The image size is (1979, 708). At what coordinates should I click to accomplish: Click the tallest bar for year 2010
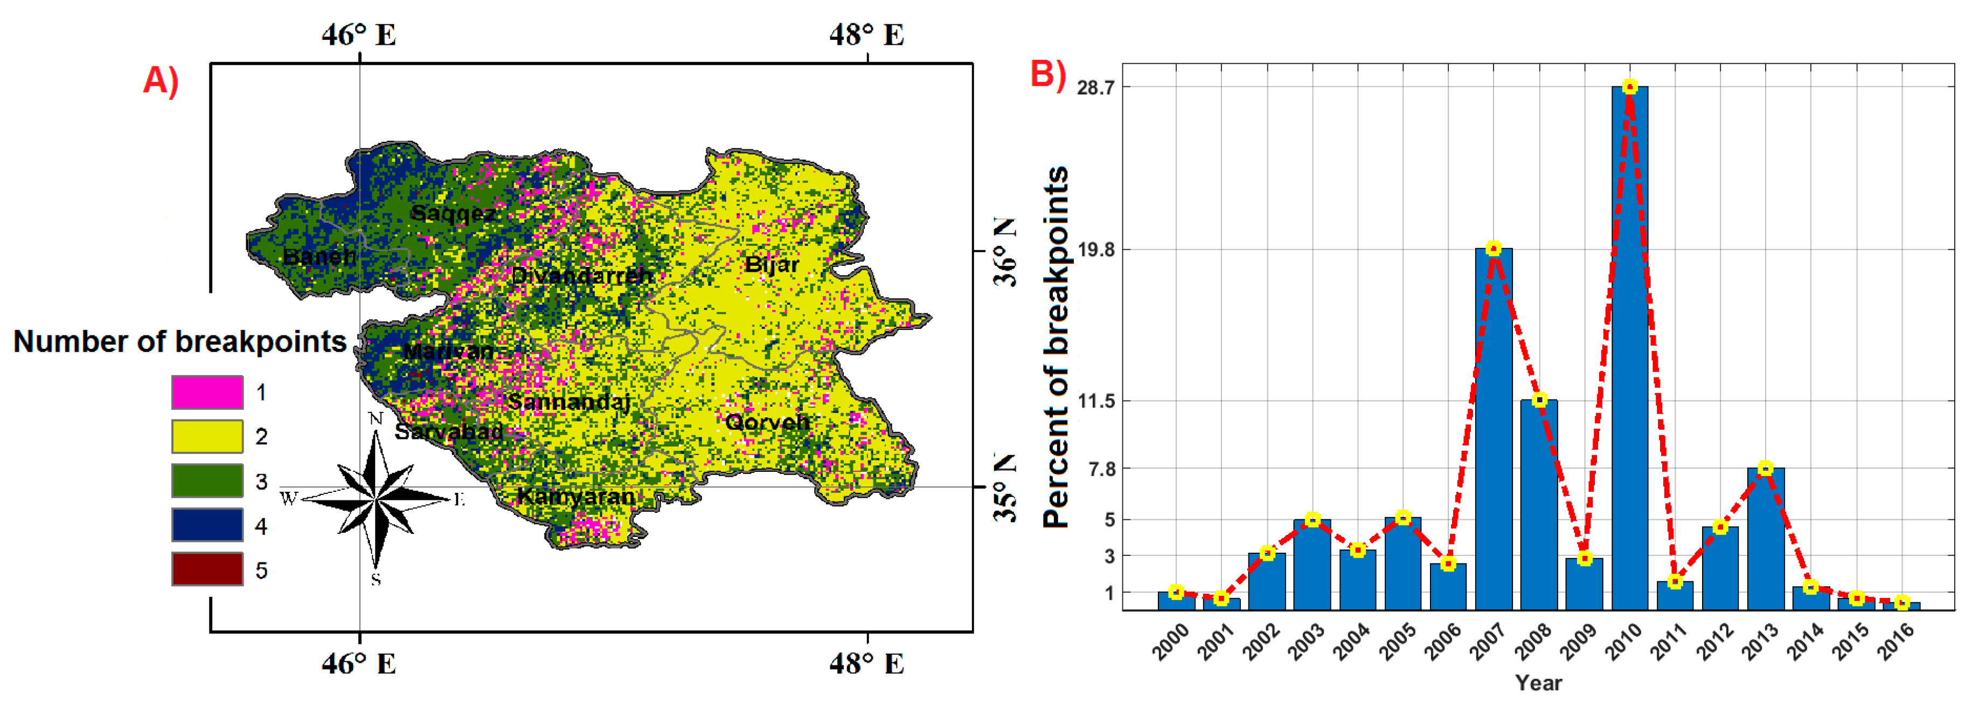click(x=1629, y=346)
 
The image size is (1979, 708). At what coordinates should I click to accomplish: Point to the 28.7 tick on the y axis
click(x=1095, y=87)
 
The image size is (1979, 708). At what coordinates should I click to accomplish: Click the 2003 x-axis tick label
click(x=1306, y=641)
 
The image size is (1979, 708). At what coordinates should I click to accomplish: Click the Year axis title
click(x=1538, y=683)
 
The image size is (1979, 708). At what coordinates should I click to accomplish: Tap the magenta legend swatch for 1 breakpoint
click(x=207, y=392)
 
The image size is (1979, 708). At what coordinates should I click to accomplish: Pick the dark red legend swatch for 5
click(x=207, y=569)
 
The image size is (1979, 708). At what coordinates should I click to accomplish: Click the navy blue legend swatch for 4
click(x=207, y=526)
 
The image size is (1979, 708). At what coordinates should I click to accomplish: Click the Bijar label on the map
click(x=772, y=264)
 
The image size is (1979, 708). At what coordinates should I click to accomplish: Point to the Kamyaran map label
click(x=575, y=497)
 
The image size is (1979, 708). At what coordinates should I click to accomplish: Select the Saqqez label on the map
click(x=453, y=213)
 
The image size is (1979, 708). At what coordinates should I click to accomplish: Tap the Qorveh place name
click(x=767, y=422)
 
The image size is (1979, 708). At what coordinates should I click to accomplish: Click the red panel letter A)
click(x=161, y=80)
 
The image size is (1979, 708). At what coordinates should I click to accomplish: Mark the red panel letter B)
click(x=1048, y=74)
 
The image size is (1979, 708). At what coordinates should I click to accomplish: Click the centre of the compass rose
click(x=376, y=499)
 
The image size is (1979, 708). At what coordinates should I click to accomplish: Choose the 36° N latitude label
click(x=1005, y=251)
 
